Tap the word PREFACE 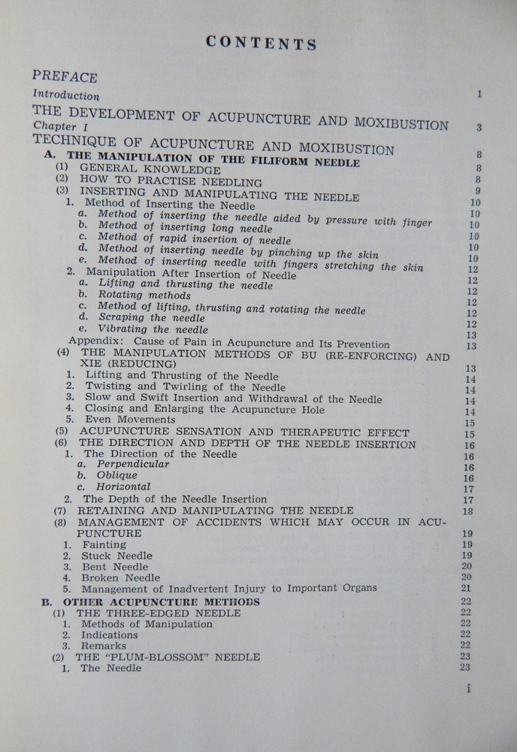pos(65,77)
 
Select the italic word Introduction pos(67,96)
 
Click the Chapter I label pos(55,129)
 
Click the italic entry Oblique pos(116,476)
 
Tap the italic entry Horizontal pos(123,487)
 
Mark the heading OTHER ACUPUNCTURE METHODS pos(162,602)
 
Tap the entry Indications pos(109,635)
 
